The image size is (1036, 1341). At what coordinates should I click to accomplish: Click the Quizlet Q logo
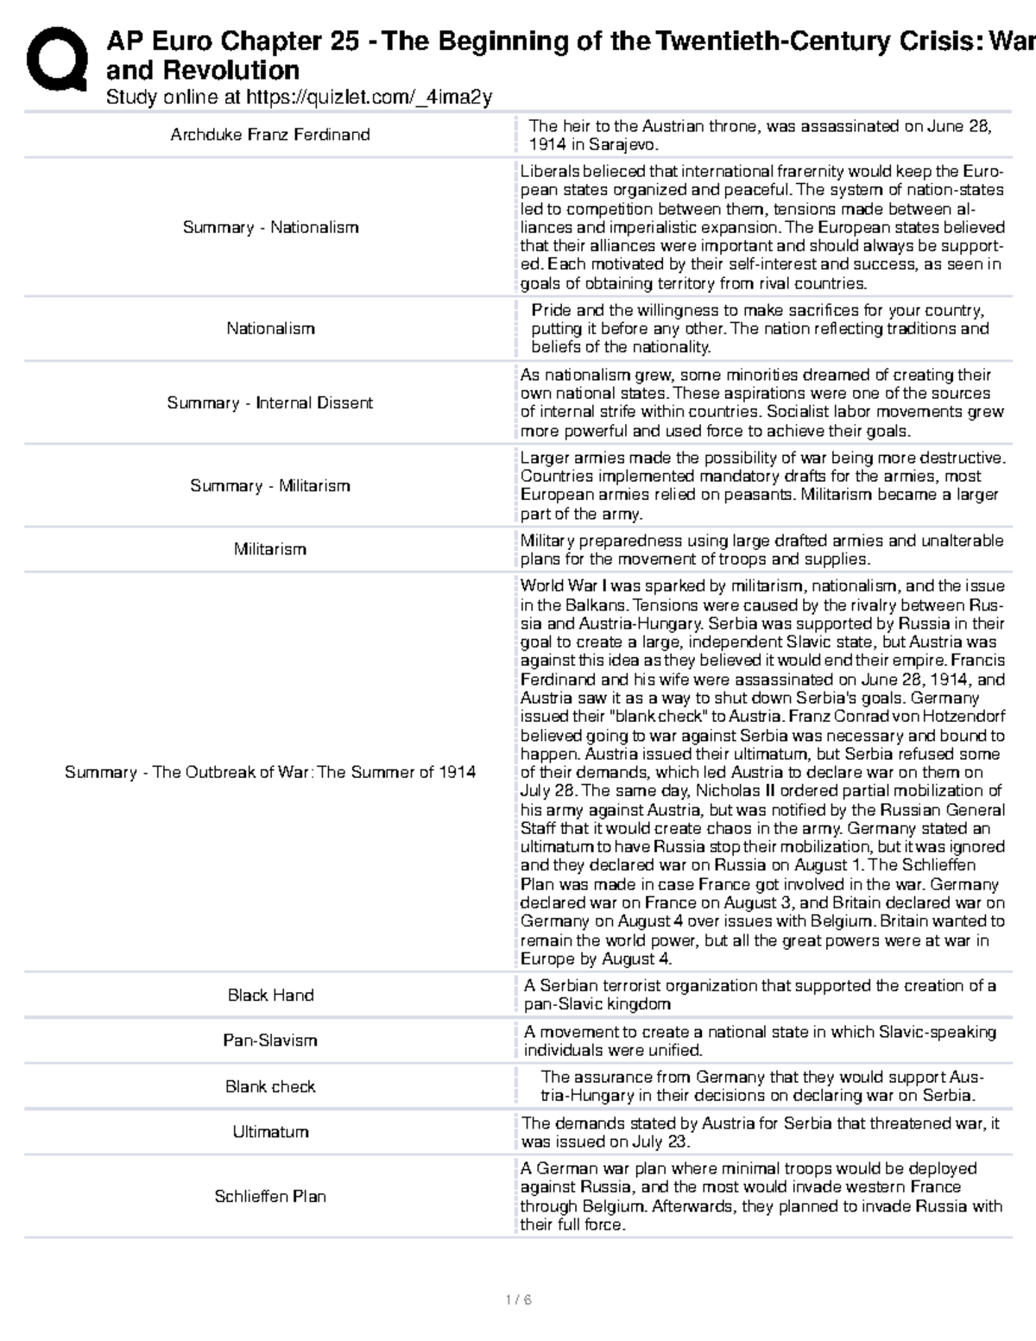[x=56, y=58]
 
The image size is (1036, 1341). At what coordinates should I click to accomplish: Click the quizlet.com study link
[x=369, y=98]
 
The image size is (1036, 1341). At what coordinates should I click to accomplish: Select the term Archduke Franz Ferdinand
[x=270, y=135]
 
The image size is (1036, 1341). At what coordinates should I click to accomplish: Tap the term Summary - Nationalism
[x=270, y=227]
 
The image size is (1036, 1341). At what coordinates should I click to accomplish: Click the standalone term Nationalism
[x=270, y=328]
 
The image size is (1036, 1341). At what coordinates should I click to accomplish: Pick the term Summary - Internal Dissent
[x=270, y=402]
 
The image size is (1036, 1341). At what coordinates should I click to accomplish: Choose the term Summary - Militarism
[x=270, y=485]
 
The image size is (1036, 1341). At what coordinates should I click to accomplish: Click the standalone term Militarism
[x=270, y=549]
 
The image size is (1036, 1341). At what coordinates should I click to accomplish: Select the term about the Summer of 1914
[x=270, y=772]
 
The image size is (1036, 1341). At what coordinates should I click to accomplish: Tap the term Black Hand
[x=270, y=995]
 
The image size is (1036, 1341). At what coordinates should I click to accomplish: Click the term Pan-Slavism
[x=270, y=1041]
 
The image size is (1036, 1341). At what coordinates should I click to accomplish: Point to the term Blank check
[x=270, y=1086]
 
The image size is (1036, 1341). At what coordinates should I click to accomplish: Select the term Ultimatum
[x=270, y=1132]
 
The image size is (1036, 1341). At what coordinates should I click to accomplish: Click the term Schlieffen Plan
[x=270, y=1197]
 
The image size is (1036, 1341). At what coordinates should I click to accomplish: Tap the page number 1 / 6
[x=519, y=1300]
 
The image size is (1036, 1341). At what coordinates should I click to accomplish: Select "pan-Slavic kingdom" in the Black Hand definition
[x=597, y=1004]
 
